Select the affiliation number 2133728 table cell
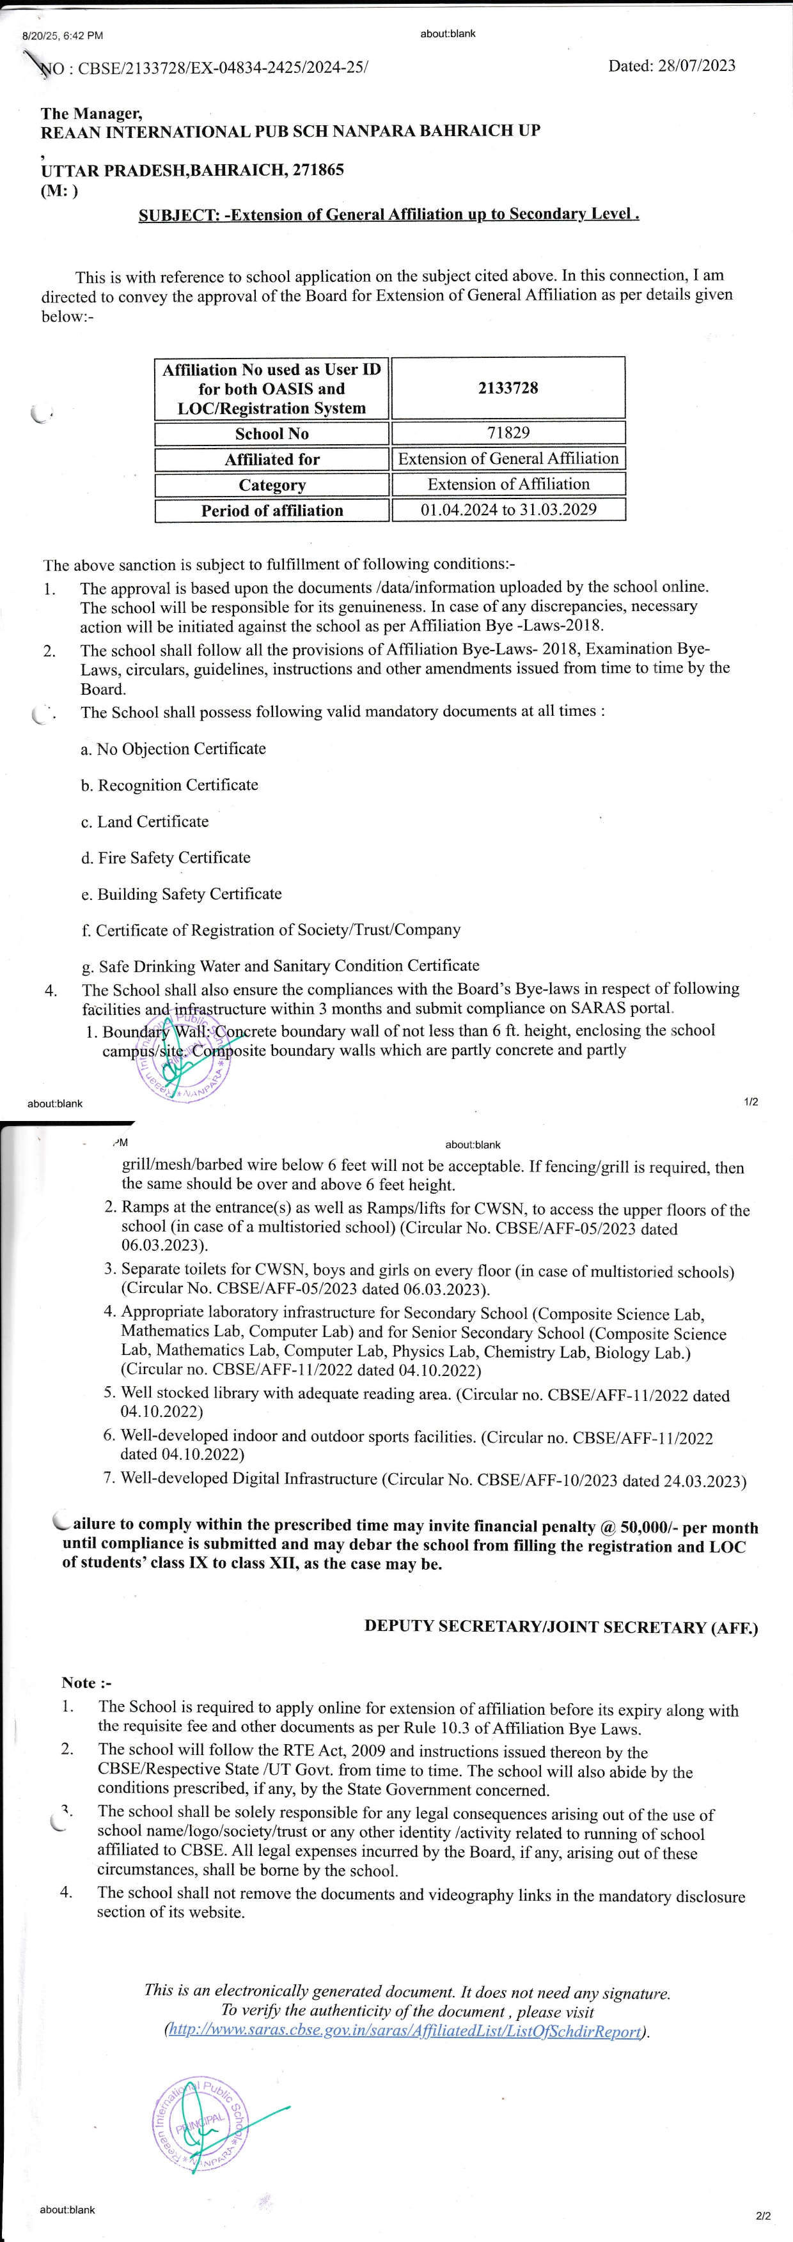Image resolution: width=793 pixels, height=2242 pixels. click(x=508, y=388)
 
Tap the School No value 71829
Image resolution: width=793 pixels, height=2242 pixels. click(x=508, y=433)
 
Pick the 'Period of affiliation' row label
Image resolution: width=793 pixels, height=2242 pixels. click(x=272, y=511)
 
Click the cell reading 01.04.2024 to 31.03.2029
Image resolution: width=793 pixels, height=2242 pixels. click(x=508, y=509)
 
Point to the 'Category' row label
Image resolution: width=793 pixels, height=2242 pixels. click(x=272, y=485)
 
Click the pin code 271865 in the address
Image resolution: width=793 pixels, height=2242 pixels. click(x=318, y=170)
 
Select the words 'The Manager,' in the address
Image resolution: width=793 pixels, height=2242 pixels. click(x=91, y=113)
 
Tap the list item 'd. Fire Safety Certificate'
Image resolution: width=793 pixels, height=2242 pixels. click(x=166, y=857)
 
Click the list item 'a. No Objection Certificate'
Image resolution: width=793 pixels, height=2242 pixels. click(x=173, y=748)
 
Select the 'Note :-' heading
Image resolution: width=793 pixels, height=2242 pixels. click(x=86, y=1682)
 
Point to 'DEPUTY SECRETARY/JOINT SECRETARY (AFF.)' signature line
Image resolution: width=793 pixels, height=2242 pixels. click(x=561, y=1626)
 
